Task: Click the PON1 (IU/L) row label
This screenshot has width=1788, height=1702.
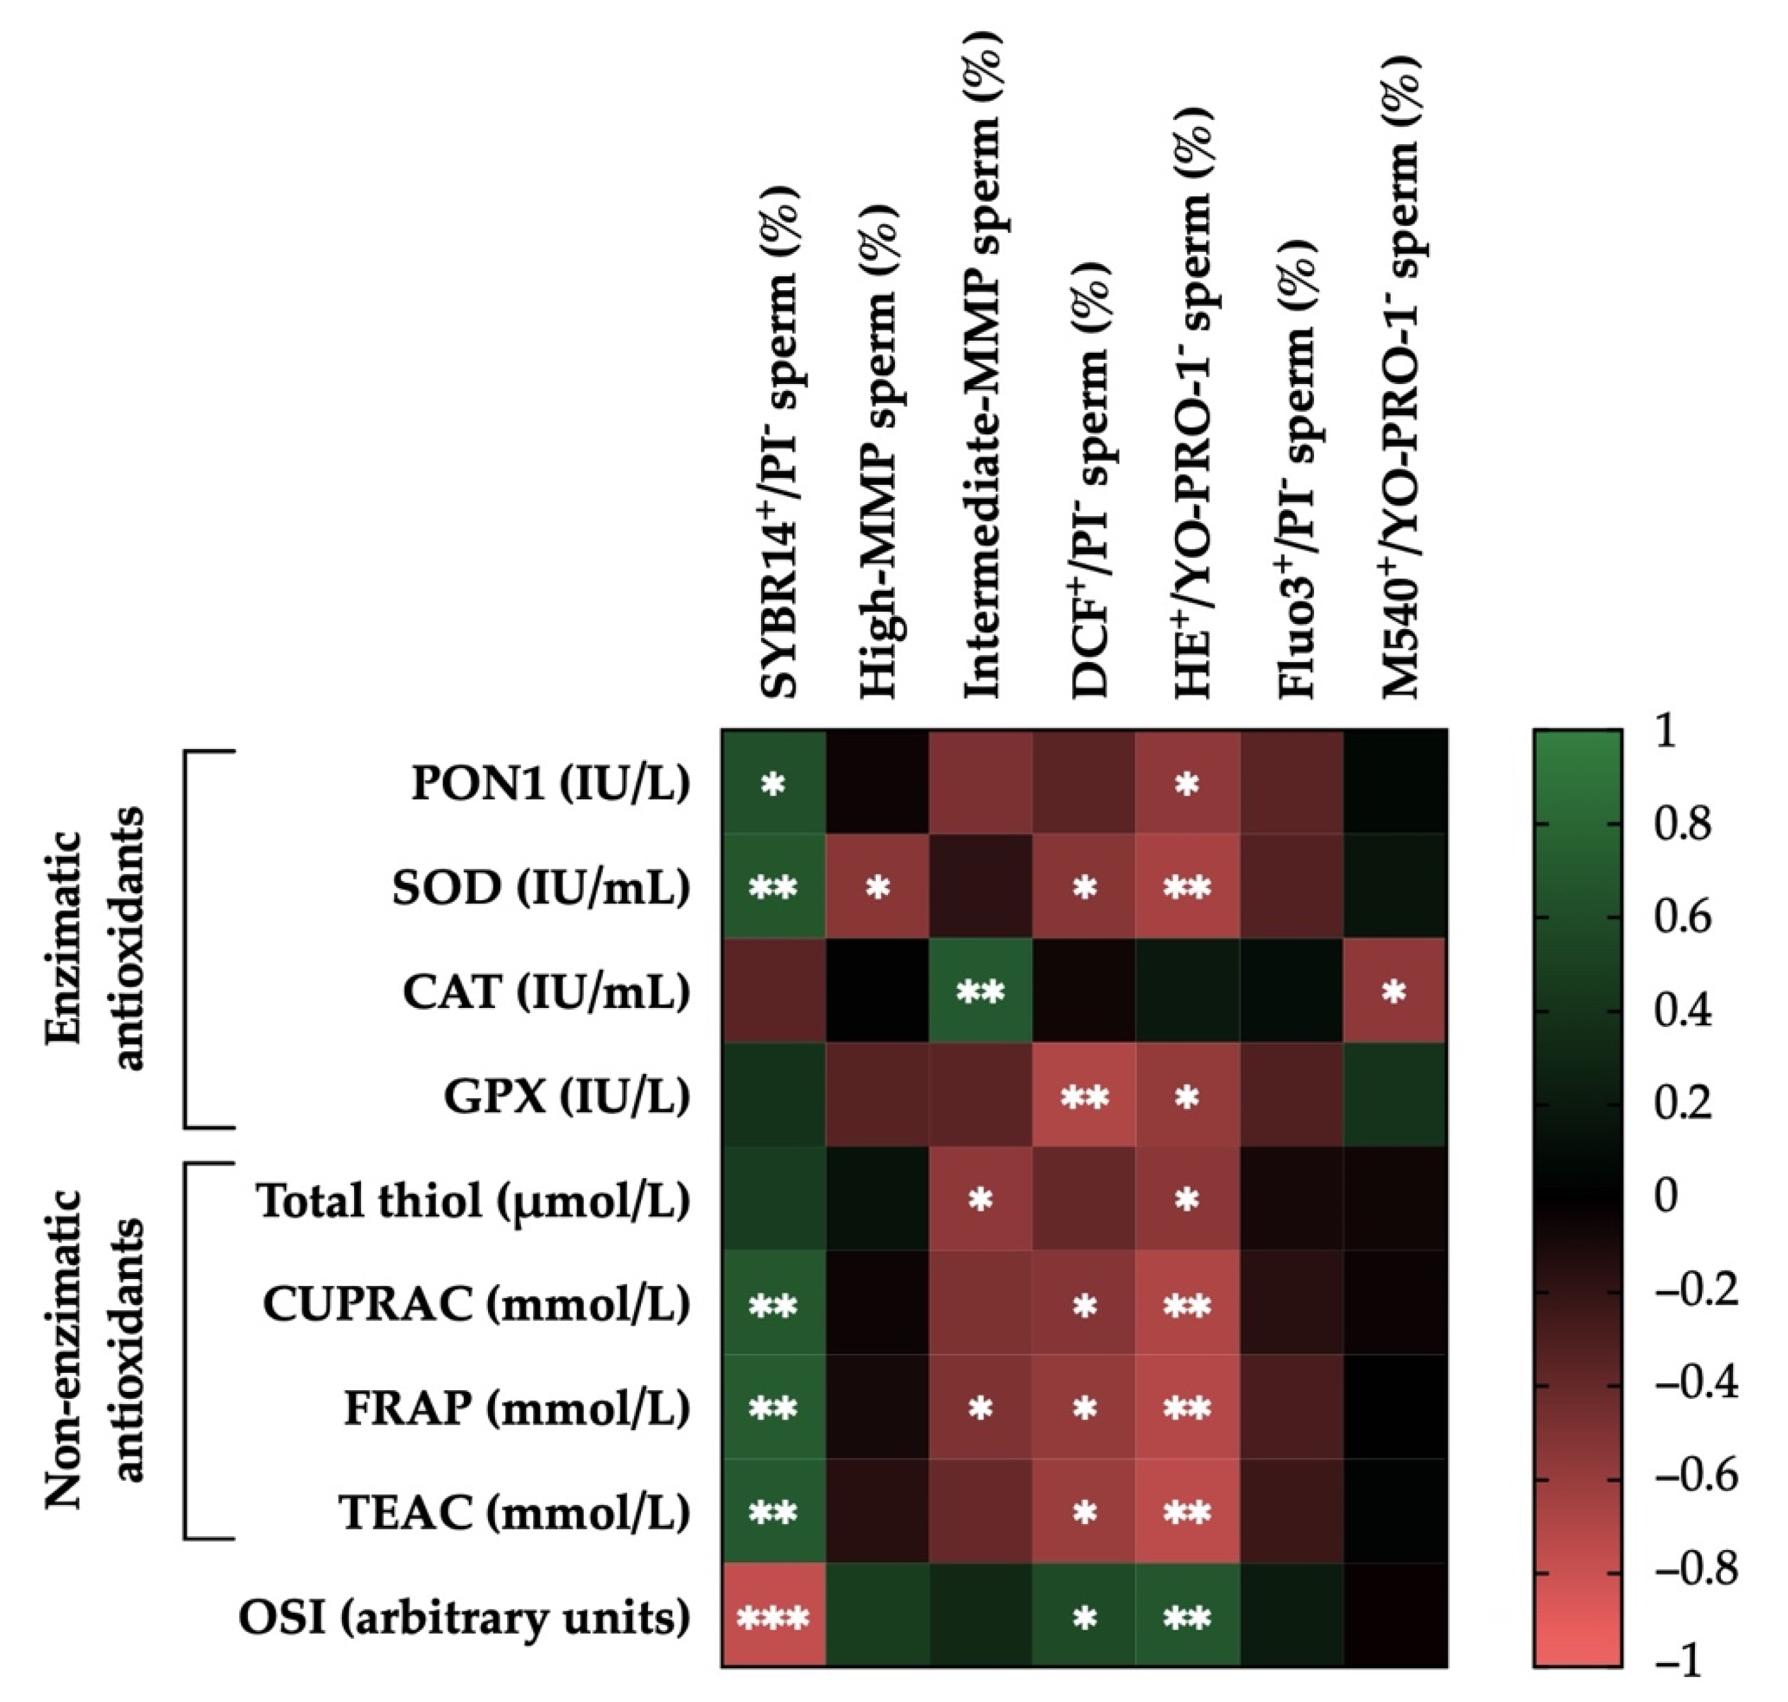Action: (x=550, y=784)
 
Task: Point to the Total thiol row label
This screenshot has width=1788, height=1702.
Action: (x=473, y=1201)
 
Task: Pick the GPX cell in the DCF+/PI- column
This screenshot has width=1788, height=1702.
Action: (x=1084, y=1097)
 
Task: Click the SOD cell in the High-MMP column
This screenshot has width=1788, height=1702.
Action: (x=877, y=888)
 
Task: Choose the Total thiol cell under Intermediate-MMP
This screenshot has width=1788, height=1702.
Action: (x=980, y=1201)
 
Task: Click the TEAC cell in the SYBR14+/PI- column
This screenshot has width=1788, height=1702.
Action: (x=773, y=1513)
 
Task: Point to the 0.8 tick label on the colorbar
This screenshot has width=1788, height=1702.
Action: (x=1683, y=825)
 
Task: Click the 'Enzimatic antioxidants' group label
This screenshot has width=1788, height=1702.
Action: (x=94, y=939)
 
